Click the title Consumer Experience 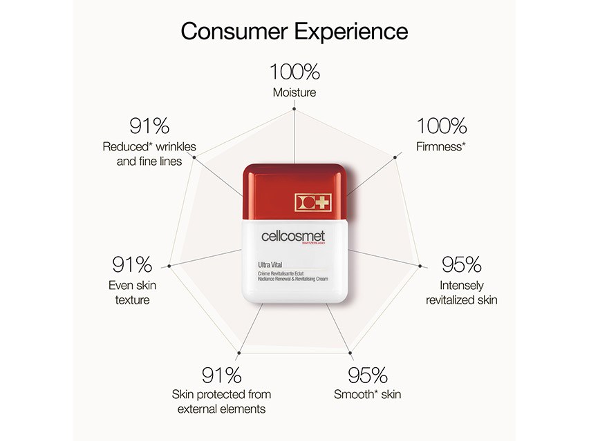click(294, 31)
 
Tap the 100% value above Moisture click(294, 72)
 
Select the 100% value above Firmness click(441, 127)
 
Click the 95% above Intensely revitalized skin click(461, 264)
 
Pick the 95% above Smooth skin click(367, 375)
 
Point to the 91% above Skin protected click(221, 375)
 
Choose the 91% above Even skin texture click(131, 264)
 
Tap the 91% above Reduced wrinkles click(149, 127)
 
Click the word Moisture click(294, 92)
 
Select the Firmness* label click(441, 147)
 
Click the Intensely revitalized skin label click(461, 292)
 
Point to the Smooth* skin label click(367, 395)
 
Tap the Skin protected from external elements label click(221, 401)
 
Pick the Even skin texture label click(131, 292)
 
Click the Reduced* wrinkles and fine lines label click(149, 153)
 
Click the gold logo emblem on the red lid click(313, 202)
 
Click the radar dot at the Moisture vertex click(294, 109)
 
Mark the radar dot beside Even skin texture click(170, 265)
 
